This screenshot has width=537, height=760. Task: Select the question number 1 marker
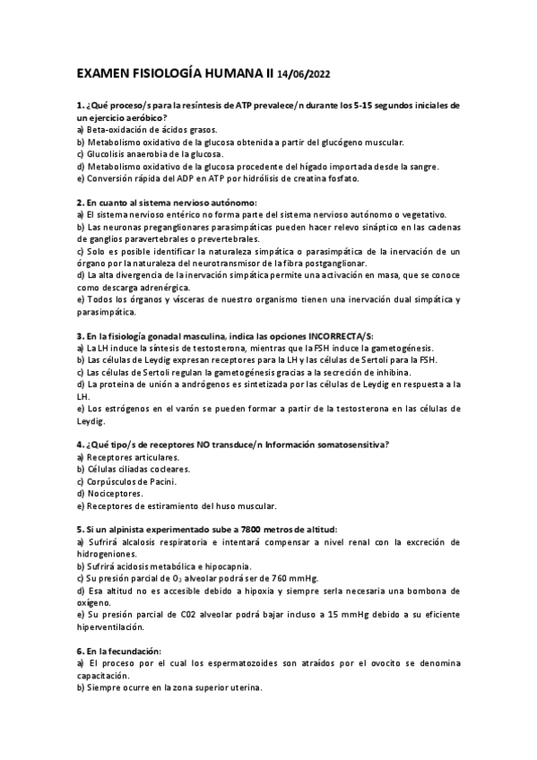pyautogui.click(x=80, y=106)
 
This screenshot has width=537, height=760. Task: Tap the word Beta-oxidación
pyautogui.click(x=115, y=130)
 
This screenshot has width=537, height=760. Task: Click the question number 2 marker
pyautogui.click(x=80, y=203)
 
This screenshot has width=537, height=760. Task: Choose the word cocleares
pyautogui.click(x=165, y=469)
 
